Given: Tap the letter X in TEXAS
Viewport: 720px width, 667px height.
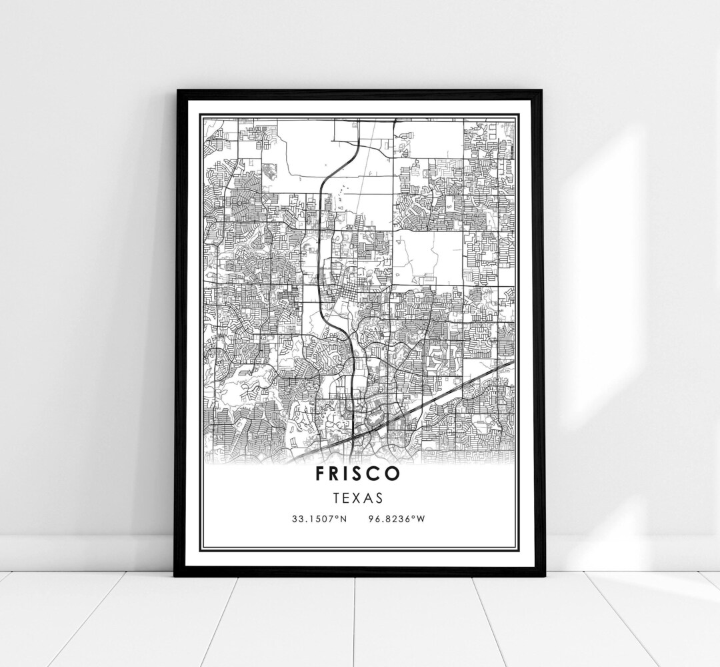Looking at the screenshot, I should click(358, 497).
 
